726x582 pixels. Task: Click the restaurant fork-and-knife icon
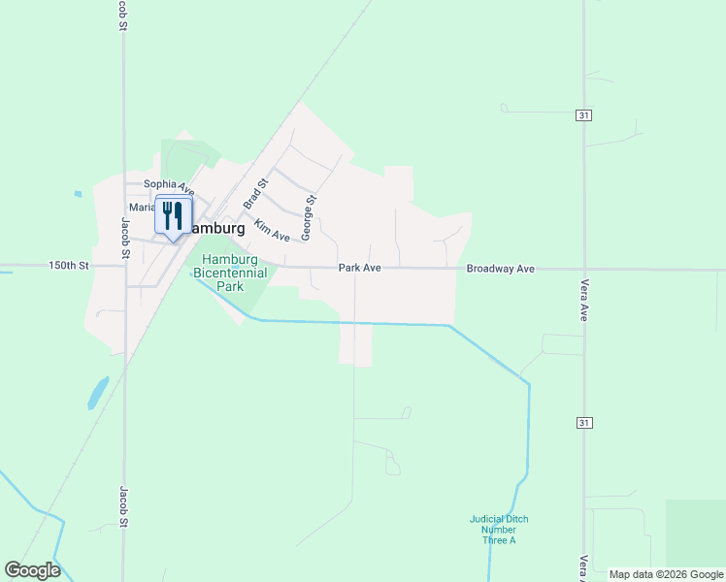click(173, 215)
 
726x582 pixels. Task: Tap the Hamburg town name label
click(215, 229)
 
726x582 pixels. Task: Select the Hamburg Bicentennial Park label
click(230, 273)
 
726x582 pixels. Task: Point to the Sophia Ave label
click(169, 184)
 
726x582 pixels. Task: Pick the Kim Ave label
click(272, 230)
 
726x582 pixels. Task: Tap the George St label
click(309, 218)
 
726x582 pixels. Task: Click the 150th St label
click(69, 265)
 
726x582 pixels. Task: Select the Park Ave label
click(359, 268)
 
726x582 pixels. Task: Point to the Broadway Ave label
click(501, 268)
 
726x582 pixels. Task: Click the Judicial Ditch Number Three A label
click(499, 530)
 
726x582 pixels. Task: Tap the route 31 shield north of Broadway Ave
click(583, 115)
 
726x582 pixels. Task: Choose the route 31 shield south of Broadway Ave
click(583, 423)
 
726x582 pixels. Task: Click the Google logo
click(32, 570)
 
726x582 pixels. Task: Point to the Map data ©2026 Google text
click(667, 574)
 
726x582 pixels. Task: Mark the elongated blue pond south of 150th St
click(98, 392)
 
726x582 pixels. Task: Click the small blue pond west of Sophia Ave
click(77, 194)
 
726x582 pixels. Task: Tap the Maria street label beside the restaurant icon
click(142, 208)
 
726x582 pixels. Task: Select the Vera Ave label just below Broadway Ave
click(584, 303)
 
